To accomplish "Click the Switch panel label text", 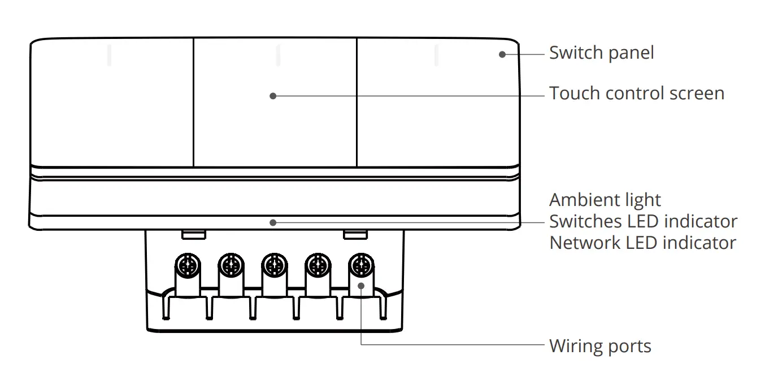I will pos(601,53).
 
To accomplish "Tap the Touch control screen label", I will pos(637,93).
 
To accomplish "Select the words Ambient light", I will pos(605,200).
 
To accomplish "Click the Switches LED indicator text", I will pos(643,221).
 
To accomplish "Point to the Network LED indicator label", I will pos(642,243).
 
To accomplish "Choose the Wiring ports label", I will pos(600,345).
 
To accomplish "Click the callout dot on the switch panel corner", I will pos(502,54).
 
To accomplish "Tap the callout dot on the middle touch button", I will pos(273,96).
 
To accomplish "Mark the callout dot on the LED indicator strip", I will pos(273,222).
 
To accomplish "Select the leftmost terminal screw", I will pos(186,264).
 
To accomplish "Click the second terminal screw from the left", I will pos(230,264).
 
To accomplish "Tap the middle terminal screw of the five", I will pos(273,264).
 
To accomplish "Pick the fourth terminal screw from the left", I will pos(317,264).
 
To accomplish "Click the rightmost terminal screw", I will pos(360,264).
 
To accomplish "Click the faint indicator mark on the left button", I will pos(110,55).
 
